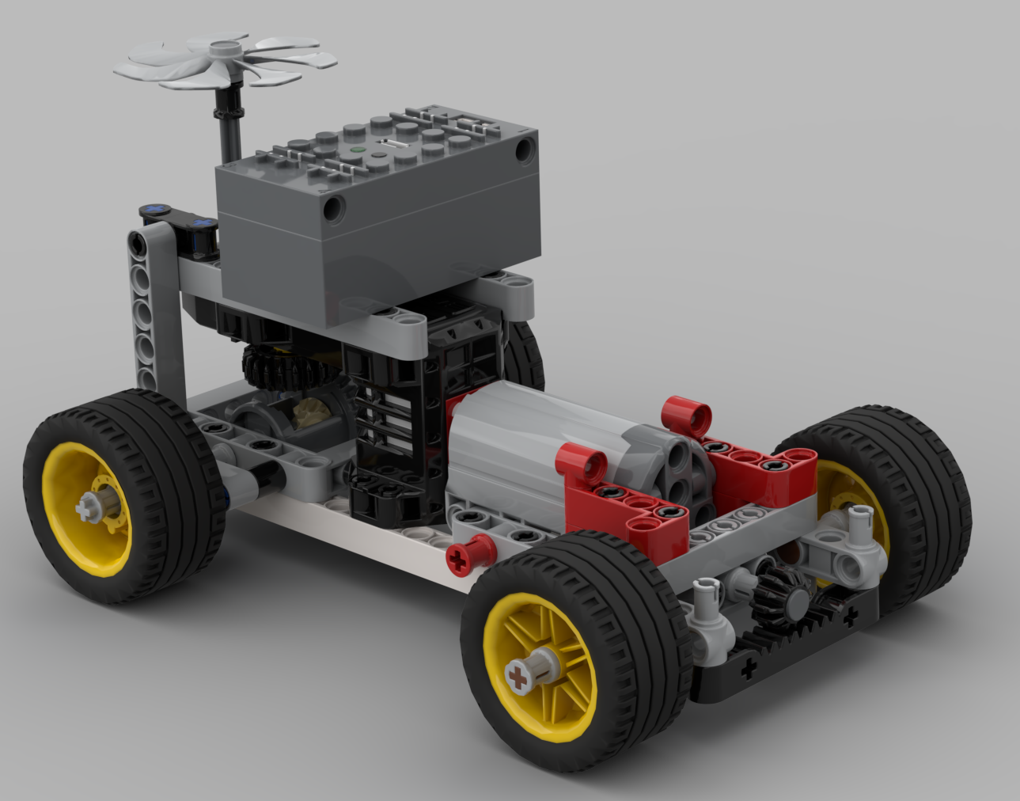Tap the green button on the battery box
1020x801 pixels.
coord(357,149)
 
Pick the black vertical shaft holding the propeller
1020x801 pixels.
coord(229,127)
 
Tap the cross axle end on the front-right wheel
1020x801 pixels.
coord(518,677)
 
